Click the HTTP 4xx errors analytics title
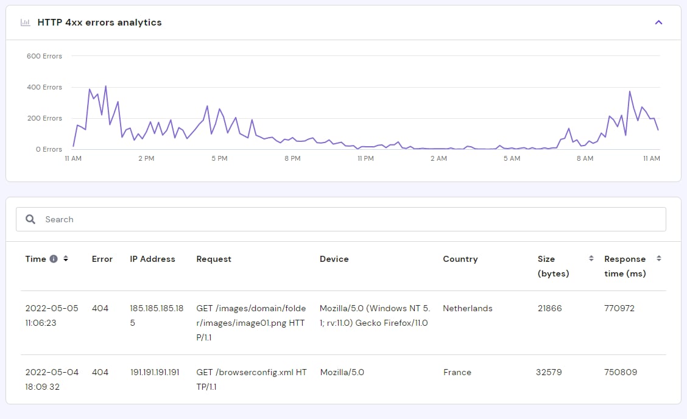click(99, 23)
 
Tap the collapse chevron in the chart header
click(658, 23)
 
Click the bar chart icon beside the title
click(25, 23)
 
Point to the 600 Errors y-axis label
click(44, 56)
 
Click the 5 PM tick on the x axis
click(219, 158)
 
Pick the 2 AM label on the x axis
click(439, 158)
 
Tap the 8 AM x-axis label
click(585, 158)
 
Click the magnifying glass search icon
click(30, 219)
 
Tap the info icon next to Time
click(54, 259)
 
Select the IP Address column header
click(152, 259)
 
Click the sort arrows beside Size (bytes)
click(591, 259)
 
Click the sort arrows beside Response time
click(658, 259)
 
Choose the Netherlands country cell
click(468, 308)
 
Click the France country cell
click(457, 372)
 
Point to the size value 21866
click(550, 308)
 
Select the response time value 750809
click(621, 372)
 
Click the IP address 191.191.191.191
click(155, 372)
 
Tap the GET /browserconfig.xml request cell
click(252, 379)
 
